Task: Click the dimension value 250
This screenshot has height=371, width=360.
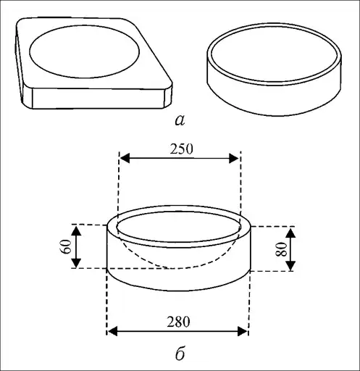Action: click(182, 149)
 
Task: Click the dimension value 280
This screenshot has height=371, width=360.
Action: click(178, 322)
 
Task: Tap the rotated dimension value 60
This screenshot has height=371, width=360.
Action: click(66, 246)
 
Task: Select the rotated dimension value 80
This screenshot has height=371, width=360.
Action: click(281, 249)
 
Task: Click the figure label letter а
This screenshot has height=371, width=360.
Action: click(180, 120)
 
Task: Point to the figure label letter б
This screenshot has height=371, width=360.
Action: click(180, 353)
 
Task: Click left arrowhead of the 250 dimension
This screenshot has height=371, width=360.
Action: click(125, 158)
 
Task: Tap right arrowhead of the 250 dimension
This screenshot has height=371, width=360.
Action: click(234, 158)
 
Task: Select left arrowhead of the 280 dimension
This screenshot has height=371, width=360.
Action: click(112, 331)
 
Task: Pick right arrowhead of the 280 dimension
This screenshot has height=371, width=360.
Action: click(243, 331)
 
